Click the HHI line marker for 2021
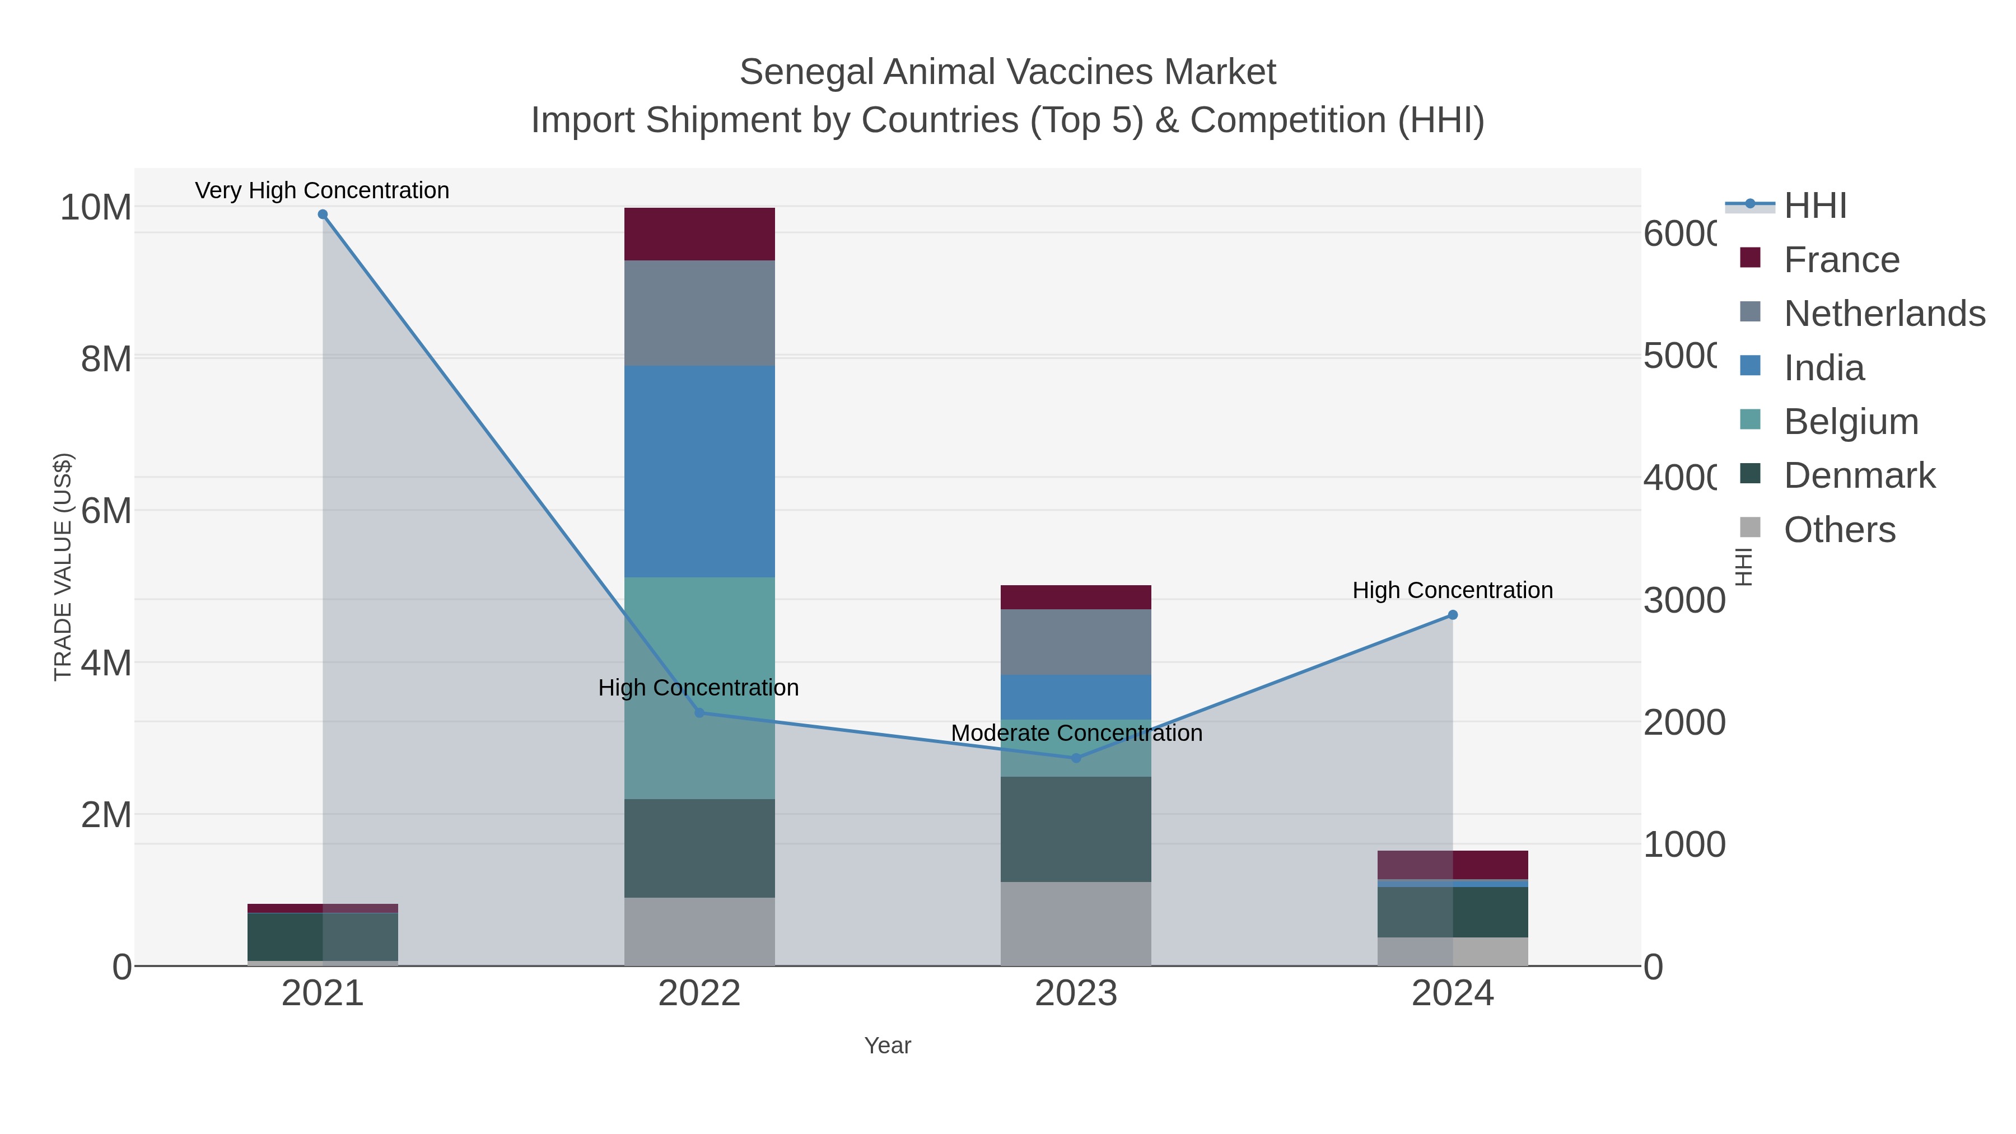pos(323,214)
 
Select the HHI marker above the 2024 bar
pos(1453,615)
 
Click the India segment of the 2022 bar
pos(699,471)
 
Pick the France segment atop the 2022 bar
pos(699,234)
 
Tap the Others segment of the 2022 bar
pos(699,931)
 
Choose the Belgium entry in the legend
pos(1850,422)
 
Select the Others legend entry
pos(1838,530)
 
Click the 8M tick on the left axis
pos(106,359)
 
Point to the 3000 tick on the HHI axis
pos(1683,600)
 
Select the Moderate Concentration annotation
pos(1076,733)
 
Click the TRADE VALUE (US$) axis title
pos(63,567)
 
